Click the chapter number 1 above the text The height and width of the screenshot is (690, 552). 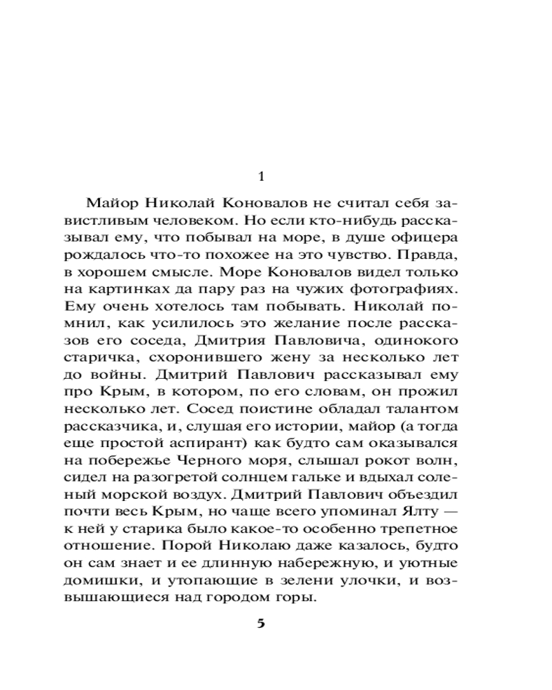coord(261,176)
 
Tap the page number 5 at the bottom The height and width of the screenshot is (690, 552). coord(261,623)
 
